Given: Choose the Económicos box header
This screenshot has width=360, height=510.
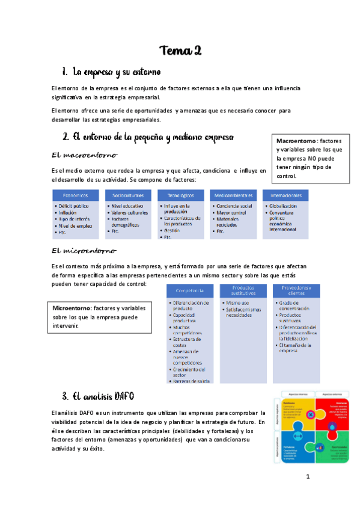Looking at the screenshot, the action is pos(75,195).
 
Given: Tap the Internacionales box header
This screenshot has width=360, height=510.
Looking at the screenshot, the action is pos(287,195).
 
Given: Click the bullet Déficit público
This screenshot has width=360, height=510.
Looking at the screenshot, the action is pos(78,206).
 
